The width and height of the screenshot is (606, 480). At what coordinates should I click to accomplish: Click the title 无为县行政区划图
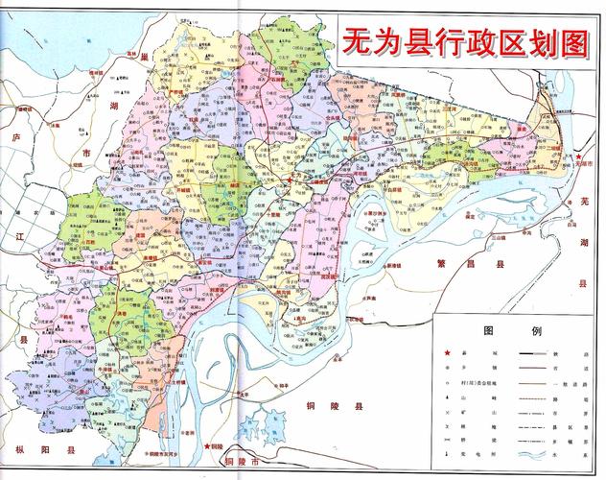463,41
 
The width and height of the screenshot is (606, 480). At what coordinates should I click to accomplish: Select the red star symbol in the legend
448,353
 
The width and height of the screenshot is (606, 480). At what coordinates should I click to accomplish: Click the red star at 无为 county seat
291,180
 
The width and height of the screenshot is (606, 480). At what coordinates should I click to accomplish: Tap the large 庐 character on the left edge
12,140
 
